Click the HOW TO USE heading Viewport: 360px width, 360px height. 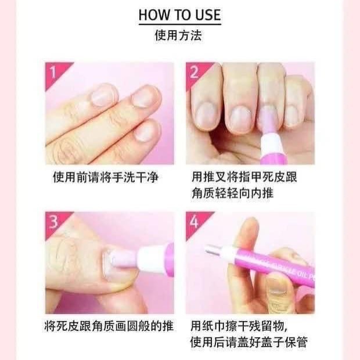pyautogui.click(x=180, y=15)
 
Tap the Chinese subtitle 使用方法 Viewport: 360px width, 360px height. pyautogui.click(x=178, y=35)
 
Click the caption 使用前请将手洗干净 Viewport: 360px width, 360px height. pyautogui.click(x=106, y=178)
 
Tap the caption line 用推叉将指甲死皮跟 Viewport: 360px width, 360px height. pyautogui.click(x=244, y=177)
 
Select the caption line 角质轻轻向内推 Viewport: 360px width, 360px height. pyautogui.click(x=232, y=193)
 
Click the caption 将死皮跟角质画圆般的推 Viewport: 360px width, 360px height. pyautogui.click(x=109, y=326)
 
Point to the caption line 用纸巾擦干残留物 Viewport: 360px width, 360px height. pyautogui.click(x=239, y=326)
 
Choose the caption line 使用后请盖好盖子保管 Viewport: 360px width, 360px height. pyautogui.click(x=249, y=342)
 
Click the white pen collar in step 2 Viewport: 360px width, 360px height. pyautogui.click(x=272, y=143)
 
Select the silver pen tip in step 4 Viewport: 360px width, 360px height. pyautogui.click(x=215, y=251)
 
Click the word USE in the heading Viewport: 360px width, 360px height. pyautogui.click(x=208, y=15)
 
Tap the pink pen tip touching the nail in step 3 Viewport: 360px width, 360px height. pyautogui.click(x=124, y=260)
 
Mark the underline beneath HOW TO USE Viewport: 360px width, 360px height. pyautogui.click(x=180, y=24)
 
